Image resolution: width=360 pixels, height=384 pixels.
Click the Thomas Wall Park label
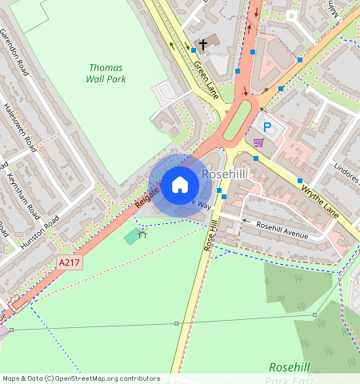click(106, 73)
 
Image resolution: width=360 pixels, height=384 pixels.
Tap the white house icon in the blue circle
click(180, 185)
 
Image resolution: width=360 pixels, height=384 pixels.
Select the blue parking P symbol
click(267, 127)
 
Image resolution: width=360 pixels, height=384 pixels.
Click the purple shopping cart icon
click(258, 142)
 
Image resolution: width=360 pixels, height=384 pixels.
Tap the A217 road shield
click(70, 262)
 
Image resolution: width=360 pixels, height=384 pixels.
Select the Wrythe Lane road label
click(321, 199)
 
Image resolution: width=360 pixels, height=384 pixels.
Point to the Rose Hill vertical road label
click(212, 237)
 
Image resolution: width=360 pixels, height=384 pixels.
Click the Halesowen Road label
click(20, 129)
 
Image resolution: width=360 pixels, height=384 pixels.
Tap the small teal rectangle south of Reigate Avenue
click(130, 237)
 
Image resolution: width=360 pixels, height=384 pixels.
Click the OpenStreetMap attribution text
click(81, 378)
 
